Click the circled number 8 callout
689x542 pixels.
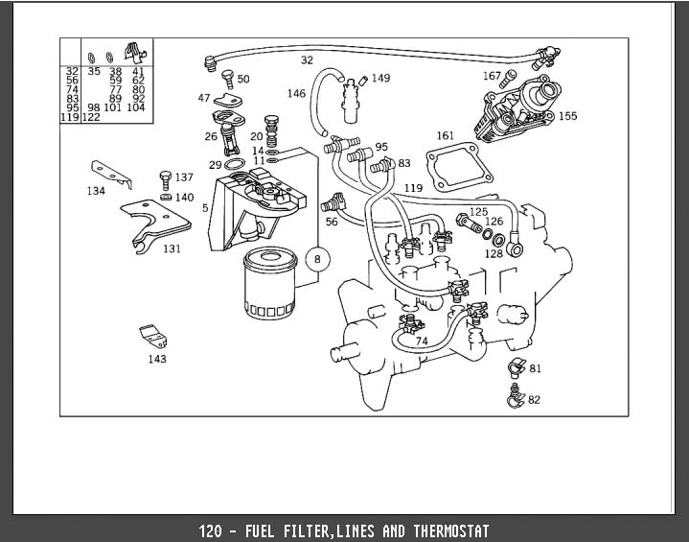[318, 258]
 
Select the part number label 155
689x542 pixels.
[568, 116]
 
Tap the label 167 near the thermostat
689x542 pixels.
[492, 76]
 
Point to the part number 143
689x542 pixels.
[157, 359]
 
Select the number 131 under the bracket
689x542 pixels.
[171, 248]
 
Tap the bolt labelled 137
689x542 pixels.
[165, 178]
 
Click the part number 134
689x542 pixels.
[95, 191]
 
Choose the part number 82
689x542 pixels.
[534, 400]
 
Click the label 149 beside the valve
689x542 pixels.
[380, 78]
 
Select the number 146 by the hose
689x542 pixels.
[296, 93]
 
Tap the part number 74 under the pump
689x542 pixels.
[421, 341]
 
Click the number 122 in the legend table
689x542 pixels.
[91, 117]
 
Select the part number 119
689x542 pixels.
[413, 187]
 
